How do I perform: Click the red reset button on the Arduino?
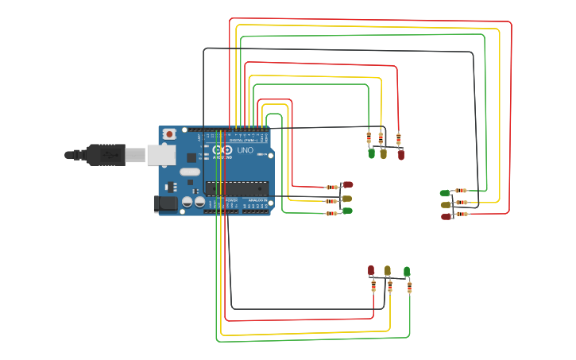pos(168,135)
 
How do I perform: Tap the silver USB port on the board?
pos(161,155)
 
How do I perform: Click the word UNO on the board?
pos(245,149)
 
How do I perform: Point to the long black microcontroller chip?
pos(236,188)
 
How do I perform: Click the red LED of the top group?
pos(400,155)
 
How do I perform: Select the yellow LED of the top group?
pos(383,154)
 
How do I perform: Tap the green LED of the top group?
pos(371,154)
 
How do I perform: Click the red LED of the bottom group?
pos(371,270)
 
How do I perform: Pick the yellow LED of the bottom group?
pos(388,270)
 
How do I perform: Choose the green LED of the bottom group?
pos(407,271)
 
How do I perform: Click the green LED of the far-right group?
pos(445,192)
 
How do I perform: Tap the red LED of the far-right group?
pos(446,216)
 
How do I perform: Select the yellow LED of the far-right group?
pos(446,204)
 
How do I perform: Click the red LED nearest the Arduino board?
pos(347,184)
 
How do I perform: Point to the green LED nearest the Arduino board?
pos(347,211)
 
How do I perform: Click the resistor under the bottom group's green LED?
pos(409,286)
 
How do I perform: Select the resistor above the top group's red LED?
pos(398,138)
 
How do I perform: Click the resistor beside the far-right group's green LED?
pos(461,191)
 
